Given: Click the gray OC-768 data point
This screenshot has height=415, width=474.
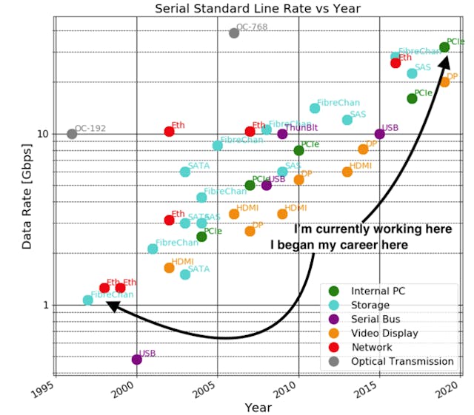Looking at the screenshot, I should click(234, 33).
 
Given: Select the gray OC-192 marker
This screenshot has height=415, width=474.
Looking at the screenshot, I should click(72, 134).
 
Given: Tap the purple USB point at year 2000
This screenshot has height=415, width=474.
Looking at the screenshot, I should click(137, 360).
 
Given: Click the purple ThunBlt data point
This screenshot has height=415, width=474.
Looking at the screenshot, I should click(282, 134).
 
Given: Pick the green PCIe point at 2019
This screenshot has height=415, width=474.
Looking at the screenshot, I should click(444, 47).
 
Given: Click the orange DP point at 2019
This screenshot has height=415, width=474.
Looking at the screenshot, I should click(444, 81).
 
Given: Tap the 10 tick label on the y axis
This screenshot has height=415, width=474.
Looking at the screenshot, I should click(42, 134).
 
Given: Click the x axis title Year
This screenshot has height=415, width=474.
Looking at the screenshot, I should click(258, 408).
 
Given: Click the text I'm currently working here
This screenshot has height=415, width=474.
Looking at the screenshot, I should click(373, 229).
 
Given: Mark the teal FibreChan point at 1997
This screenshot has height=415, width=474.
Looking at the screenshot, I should click(88, 300).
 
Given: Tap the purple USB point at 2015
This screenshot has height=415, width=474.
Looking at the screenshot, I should click(380, 134).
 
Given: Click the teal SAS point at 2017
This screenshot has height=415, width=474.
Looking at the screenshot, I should click(412, 73).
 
